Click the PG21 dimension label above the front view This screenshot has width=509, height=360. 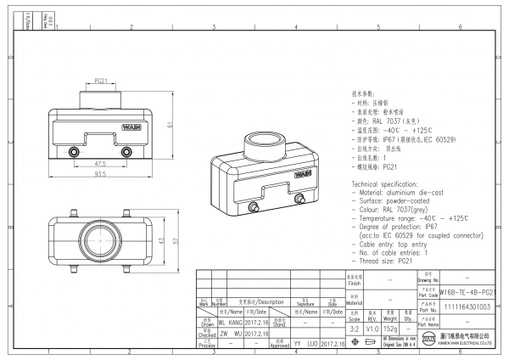(101, 81)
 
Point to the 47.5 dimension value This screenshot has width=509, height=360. (100, 164)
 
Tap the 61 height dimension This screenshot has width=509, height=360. (170, 125)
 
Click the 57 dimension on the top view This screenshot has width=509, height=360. (176, 241)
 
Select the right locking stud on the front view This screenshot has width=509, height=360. (126, 152)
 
